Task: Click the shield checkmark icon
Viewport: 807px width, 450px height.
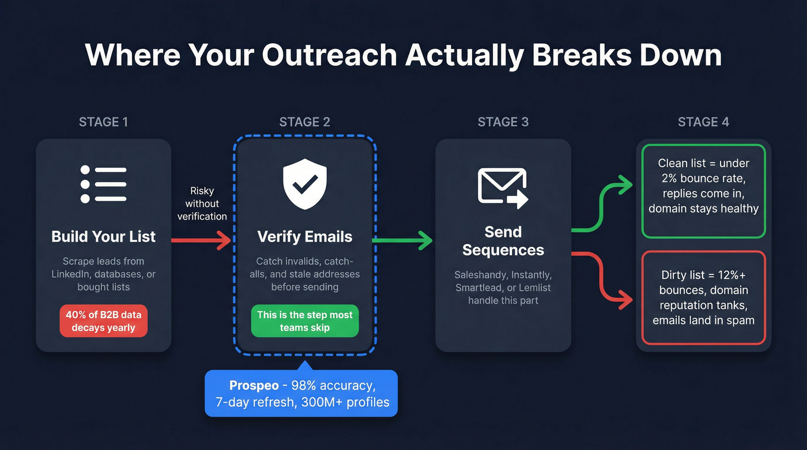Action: [304, 184]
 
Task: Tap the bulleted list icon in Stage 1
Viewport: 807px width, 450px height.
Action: [104, 184]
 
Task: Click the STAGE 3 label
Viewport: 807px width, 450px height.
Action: [503, 122]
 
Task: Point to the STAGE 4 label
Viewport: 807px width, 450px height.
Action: [703, 122]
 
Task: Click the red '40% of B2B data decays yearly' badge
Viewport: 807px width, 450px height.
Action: [104, 321]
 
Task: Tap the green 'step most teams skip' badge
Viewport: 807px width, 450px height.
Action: [304, 321]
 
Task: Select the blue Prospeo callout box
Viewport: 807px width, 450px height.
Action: [301, 394]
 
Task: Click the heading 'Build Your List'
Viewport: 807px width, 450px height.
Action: [104, 237]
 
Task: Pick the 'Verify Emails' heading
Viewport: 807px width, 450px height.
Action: [304, 237]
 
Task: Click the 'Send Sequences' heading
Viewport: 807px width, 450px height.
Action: [503, 241]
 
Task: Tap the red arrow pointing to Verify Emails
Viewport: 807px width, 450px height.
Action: [202, 240]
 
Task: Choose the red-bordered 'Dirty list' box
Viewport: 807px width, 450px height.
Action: [703, 297]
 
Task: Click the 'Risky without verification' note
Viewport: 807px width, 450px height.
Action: [202, 203]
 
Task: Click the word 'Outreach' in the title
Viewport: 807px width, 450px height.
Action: [329, 55]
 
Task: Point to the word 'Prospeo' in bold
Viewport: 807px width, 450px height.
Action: [254, 385]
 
